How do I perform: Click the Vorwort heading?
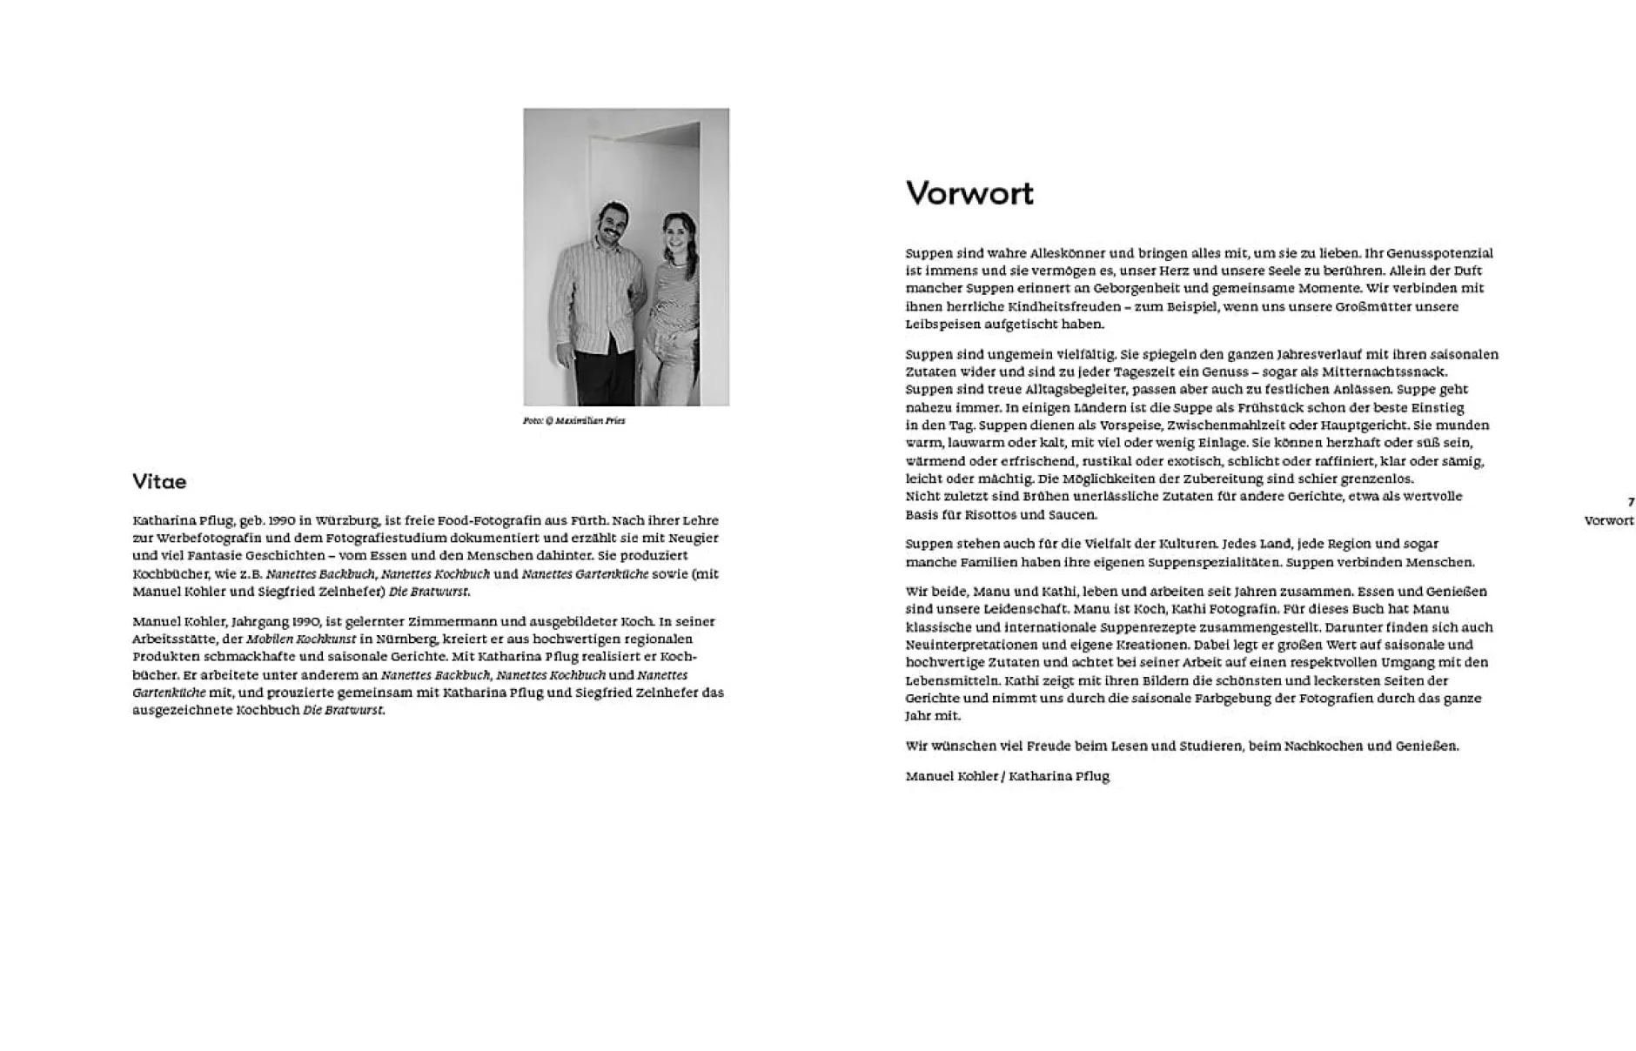tap(969, 193)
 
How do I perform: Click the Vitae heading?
tap(159, 482)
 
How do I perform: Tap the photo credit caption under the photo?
tap(573, 421)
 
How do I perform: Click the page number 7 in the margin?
tap(1631, 502)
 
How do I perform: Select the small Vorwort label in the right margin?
tap(1609, 521)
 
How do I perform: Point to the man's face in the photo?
tap(611, 223)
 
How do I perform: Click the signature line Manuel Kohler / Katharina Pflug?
tap(1007, 776)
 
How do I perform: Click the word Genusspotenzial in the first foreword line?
tap(1439, 253)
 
